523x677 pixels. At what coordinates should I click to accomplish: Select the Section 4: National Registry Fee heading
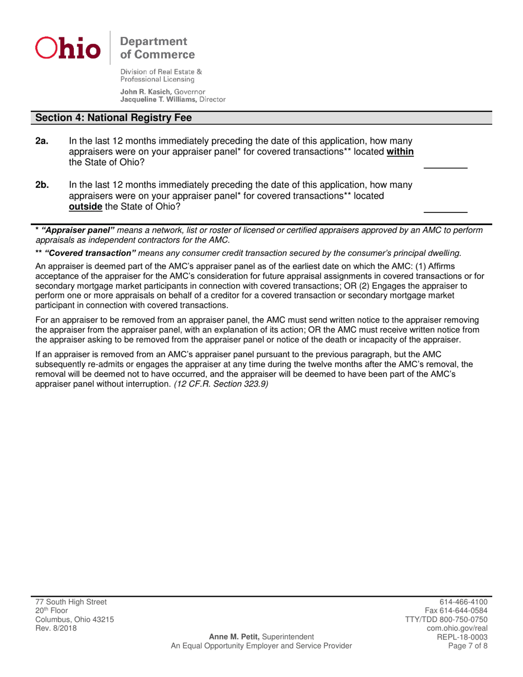coord(114,117)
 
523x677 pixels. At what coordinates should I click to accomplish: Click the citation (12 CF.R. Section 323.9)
coord(221,385)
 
